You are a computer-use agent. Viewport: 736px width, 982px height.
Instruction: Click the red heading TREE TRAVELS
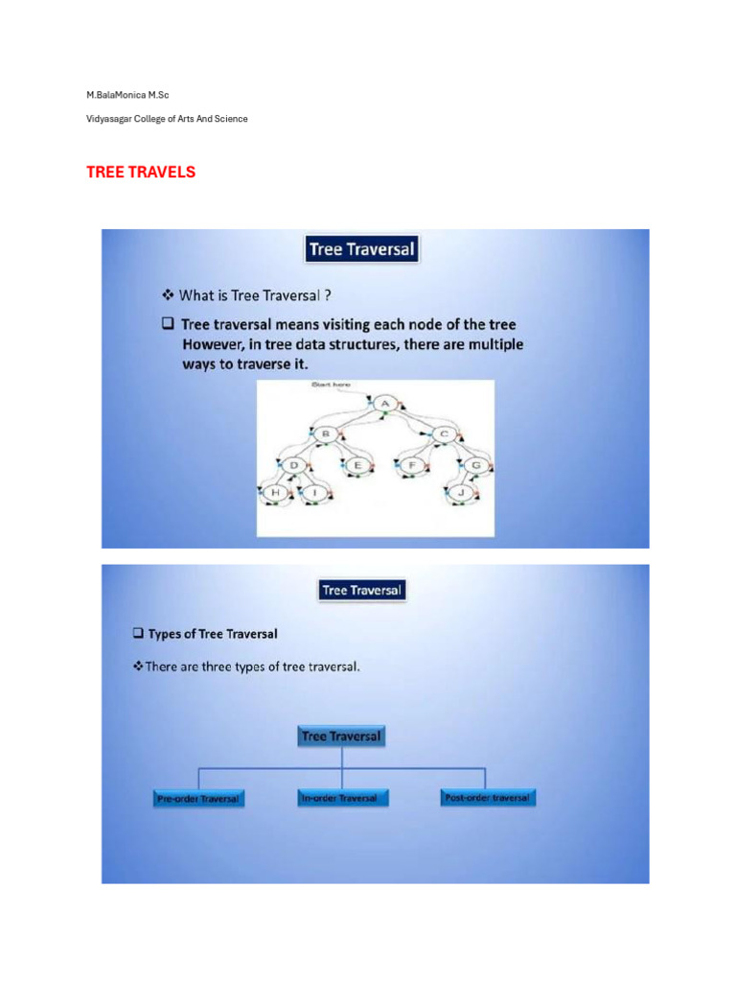pyautogui.click(x=141, y=173)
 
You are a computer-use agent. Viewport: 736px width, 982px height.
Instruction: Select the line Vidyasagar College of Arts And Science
pyautogui.click(x=167, y=119)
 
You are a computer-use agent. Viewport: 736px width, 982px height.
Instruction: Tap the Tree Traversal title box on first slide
pyautogui.click(x=361, y=250)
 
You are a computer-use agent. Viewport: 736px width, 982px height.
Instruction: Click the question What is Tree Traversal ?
pyautogui.click(x=246, y=295)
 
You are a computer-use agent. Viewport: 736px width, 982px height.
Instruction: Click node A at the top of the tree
pyautogui.click(x=384, y=404)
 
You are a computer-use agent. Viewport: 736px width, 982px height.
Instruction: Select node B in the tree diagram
pyautogui.click(x=324, y=433)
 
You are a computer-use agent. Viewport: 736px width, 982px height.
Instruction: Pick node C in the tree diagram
pyautogui.click(x=444, y=433)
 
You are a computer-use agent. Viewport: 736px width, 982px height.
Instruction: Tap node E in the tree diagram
pyautogui.click(x=356, y=465)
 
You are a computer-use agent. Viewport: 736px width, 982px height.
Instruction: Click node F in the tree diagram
pyautogui.click(x=413, y=465)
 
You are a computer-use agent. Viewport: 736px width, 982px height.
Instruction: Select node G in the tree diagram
pyautogui.click(x=475, y=465)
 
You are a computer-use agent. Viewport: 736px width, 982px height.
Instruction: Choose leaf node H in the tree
pyautogui.click(x=277, y=494)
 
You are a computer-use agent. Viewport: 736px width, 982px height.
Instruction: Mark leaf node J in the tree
pyautogui.click(x=462, y=494)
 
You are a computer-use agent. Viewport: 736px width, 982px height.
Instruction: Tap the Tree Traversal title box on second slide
pyautogui.click(x=361, y=590)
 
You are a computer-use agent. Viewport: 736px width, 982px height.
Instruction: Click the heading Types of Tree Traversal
pyautogui.click(x=212, y=634)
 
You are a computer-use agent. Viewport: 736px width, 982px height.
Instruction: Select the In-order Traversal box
pyautogui.click(x=338, y=798)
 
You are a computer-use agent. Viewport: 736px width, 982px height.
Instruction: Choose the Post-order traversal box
pyautogui.click(x=488, y=798)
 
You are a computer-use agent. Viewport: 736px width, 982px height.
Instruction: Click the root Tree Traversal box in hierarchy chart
pyautogui.click(x=341, y=736)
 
